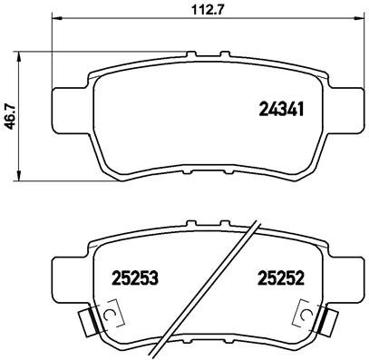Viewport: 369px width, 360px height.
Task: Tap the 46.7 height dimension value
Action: pos(9,115)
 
